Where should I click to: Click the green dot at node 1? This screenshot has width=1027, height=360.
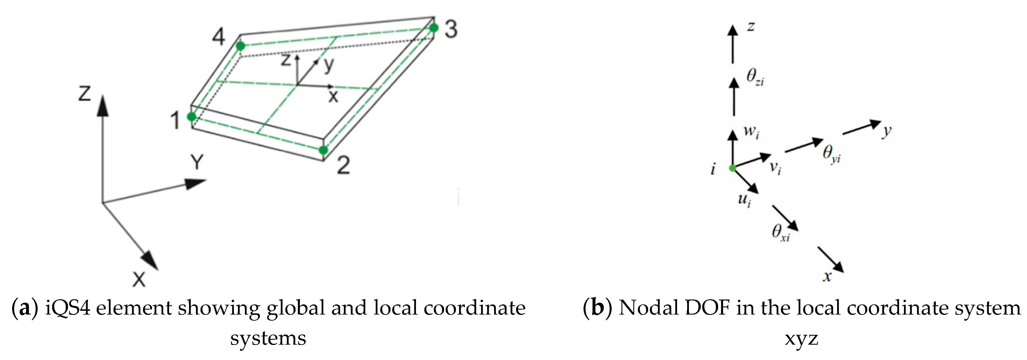(x=192, y=116)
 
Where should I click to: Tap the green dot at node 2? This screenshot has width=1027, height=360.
(x=323, y=150)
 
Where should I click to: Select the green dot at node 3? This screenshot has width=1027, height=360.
(x=434, y=27)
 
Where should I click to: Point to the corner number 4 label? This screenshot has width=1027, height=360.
(x=219, y=37)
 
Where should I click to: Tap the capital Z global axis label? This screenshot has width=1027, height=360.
(x=85, y=93)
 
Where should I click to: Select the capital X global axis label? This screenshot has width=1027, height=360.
(x=139, y=279)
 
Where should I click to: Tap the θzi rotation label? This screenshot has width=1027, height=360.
(x=755, y=77)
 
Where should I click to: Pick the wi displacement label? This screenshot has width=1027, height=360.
(x=751, y=132)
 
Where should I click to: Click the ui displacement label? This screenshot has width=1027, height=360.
(x=744, y=200)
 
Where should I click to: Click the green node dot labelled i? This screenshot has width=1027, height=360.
(x=732, y=168)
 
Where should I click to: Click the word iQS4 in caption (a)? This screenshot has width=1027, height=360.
(x=68, y=308)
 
